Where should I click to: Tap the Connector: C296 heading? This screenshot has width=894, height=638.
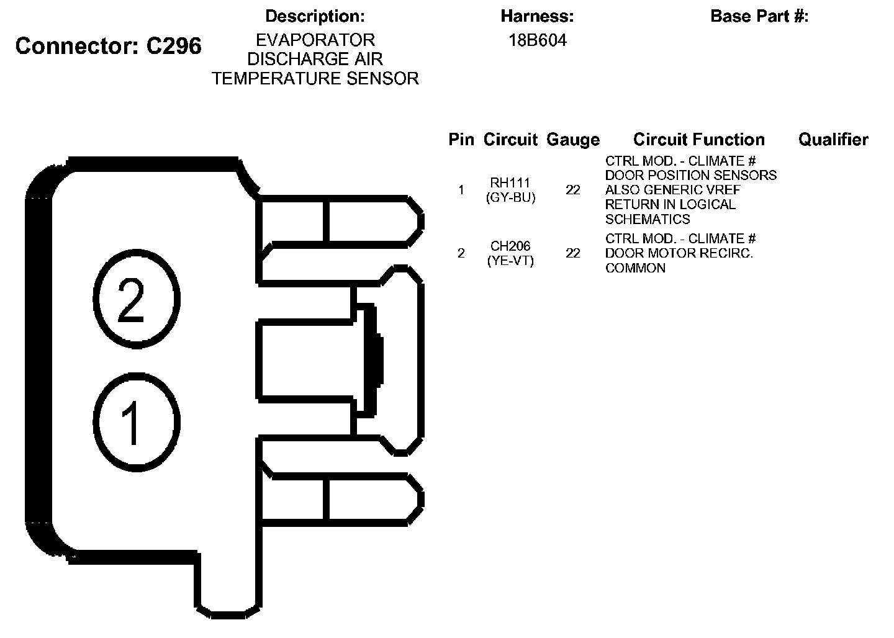click(109, 46)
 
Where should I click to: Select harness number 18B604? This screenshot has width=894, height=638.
click(537, 40)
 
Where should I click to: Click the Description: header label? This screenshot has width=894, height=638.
click(315, 16)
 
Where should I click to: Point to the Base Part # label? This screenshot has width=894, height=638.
click(759, 16)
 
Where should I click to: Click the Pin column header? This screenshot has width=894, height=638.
click(461, 140)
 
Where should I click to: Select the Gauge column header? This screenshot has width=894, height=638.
click(573, 140)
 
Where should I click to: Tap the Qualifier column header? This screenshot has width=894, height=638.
click(833, 140)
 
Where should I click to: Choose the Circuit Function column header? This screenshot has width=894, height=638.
click(698, 140)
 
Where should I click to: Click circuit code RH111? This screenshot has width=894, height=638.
click(510, 183)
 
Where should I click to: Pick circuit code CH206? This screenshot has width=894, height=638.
click(510, 246)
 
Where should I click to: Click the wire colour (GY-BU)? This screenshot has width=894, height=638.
click(510, 198)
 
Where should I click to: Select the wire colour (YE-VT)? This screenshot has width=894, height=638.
click(510, 261)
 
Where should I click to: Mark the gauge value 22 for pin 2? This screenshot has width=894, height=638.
click(572, 253)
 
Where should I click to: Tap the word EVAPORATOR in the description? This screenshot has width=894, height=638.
click(315, 40)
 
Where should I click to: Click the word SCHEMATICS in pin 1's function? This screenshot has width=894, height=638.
click(648, 219)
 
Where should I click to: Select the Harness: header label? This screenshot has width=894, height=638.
click(537, 16)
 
